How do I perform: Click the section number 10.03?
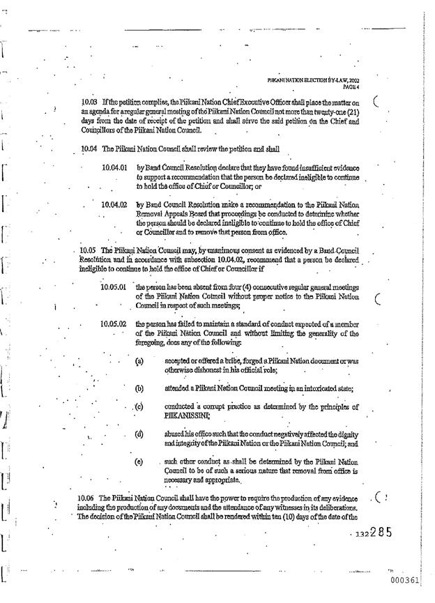(90, 102)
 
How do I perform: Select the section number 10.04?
(89, 148)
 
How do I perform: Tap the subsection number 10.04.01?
(114, 168)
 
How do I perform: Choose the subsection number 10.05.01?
(113, 287)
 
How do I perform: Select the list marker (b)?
(139, 388)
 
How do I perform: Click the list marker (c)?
(139, 406)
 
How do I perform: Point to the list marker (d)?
(139, 434)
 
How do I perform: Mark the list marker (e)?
(139, 461)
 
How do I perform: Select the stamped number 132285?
(374, 533)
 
